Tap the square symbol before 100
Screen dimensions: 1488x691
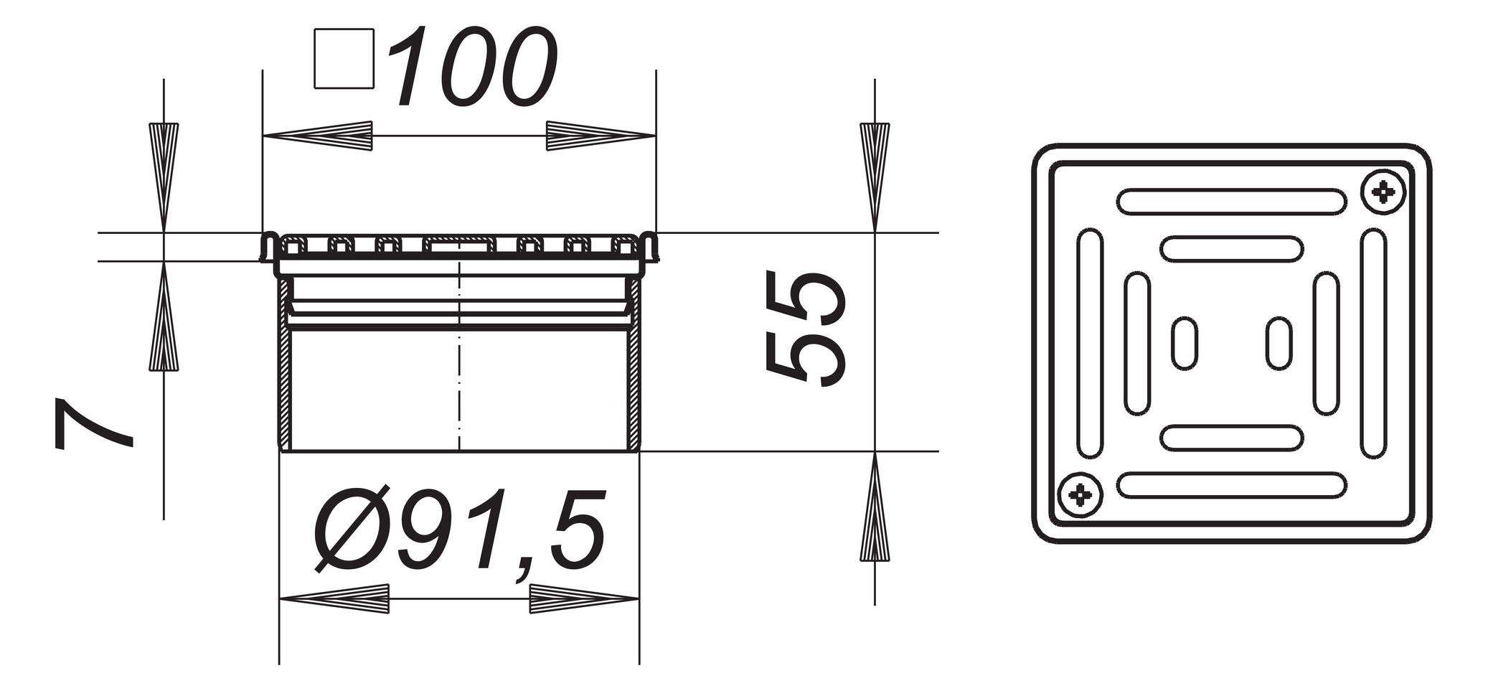344,59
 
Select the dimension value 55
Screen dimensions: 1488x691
805,328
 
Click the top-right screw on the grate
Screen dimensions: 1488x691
1383,192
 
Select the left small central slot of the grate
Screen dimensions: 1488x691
1185,344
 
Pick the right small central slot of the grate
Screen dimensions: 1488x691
1279,344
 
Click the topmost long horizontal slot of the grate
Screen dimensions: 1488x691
1232,202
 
